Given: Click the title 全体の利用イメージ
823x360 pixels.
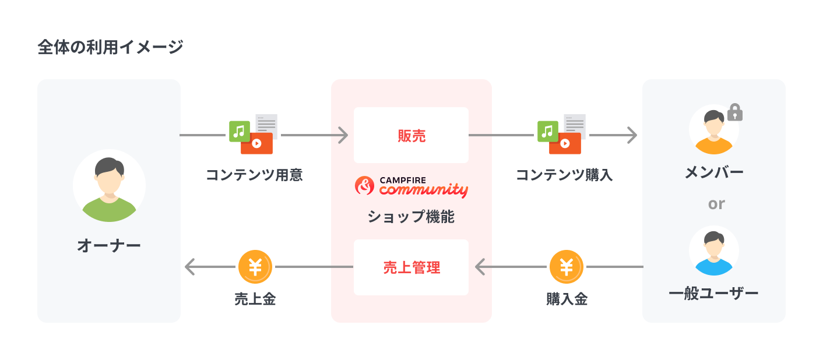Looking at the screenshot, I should coord(110,47).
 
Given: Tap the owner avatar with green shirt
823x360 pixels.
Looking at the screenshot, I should coord(109,186).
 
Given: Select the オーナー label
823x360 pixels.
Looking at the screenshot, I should coord(109,245).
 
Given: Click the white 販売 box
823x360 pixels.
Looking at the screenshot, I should coord(411,135).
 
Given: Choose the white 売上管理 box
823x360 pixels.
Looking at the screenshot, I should coord(411,267).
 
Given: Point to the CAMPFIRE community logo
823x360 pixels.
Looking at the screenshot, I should coord(411,186).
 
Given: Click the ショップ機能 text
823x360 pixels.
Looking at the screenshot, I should coord(411,217).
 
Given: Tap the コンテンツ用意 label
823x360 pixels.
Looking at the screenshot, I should coord(254,175).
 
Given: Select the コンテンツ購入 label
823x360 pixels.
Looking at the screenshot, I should coord(564,175).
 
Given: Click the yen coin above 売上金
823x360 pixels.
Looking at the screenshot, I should coord(255,267).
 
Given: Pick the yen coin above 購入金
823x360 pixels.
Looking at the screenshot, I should coord(566,267).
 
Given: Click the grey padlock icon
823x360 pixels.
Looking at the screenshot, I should coord(735,112).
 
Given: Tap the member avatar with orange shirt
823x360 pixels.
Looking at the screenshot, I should coord(713,129).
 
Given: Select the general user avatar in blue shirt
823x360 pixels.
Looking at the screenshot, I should coord(713,251).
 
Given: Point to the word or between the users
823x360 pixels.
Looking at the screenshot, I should coord(716,204).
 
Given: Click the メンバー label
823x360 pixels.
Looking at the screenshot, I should coord(713,172).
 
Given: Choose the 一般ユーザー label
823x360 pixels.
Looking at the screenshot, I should coord(713,293).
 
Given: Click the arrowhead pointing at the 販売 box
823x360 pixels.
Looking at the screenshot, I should coord(343,135).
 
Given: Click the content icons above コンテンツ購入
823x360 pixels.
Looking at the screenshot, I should coord(561,135).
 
